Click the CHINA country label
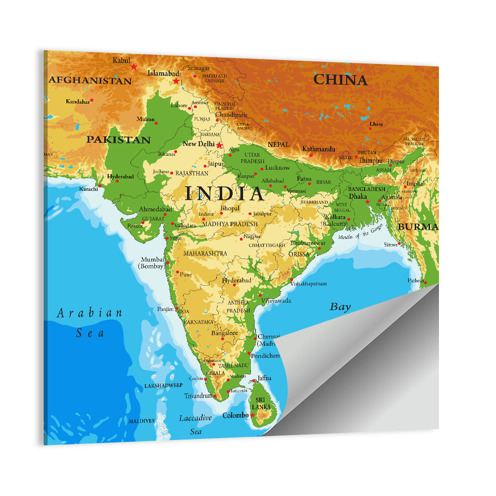point(340,80)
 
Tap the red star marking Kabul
point(133,66)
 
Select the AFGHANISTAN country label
point(90,80)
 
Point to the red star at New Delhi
point(219,145)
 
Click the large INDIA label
point(225,194)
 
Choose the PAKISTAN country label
point(119,140)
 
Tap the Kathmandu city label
point(318,149)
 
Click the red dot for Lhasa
point(370,129)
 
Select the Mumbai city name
point(152,259)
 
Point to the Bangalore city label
point(225,333)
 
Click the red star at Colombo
point(252,415)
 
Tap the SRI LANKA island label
point(260,403)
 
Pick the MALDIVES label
point(141,421)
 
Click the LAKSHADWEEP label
point(163,385)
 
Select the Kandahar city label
point(78,102)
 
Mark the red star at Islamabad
point(176,81)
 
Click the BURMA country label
point(418,227)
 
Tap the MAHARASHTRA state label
point(205,253)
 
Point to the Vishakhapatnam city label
point(309,284)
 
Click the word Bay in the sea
point(340,307)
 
